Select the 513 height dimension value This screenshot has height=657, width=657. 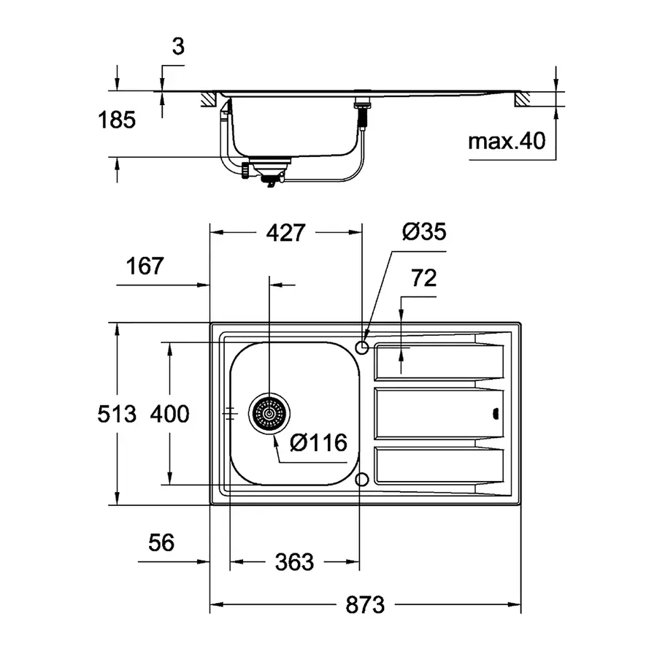pyautogui.click(x=118, y=414)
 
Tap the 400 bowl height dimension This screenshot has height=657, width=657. pyautogui.click(x=169, y=414)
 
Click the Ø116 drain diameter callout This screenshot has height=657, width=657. pyautogui.click(x=318, y=442)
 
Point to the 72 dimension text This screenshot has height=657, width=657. pyautogui.click(x=424, y=278)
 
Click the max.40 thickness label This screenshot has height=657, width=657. pyautogui.click(x=507, y=141)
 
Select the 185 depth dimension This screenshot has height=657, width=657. pyautogui.click(x=118, y=120)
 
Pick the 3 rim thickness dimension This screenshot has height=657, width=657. pyautogui.click(x=178, y=47)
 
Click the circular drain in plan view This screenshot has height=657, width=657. pyautogui.click(x=270, y=414)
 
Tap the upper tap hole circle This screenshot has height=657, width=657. pyautogui.click(x=362, y=345)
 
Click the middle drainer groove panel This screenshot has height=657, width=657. pyautogui.click(x=438, y=414)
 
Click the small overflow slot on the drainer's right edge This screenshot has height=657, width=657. pyautogui.click(x=496, y=414)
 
